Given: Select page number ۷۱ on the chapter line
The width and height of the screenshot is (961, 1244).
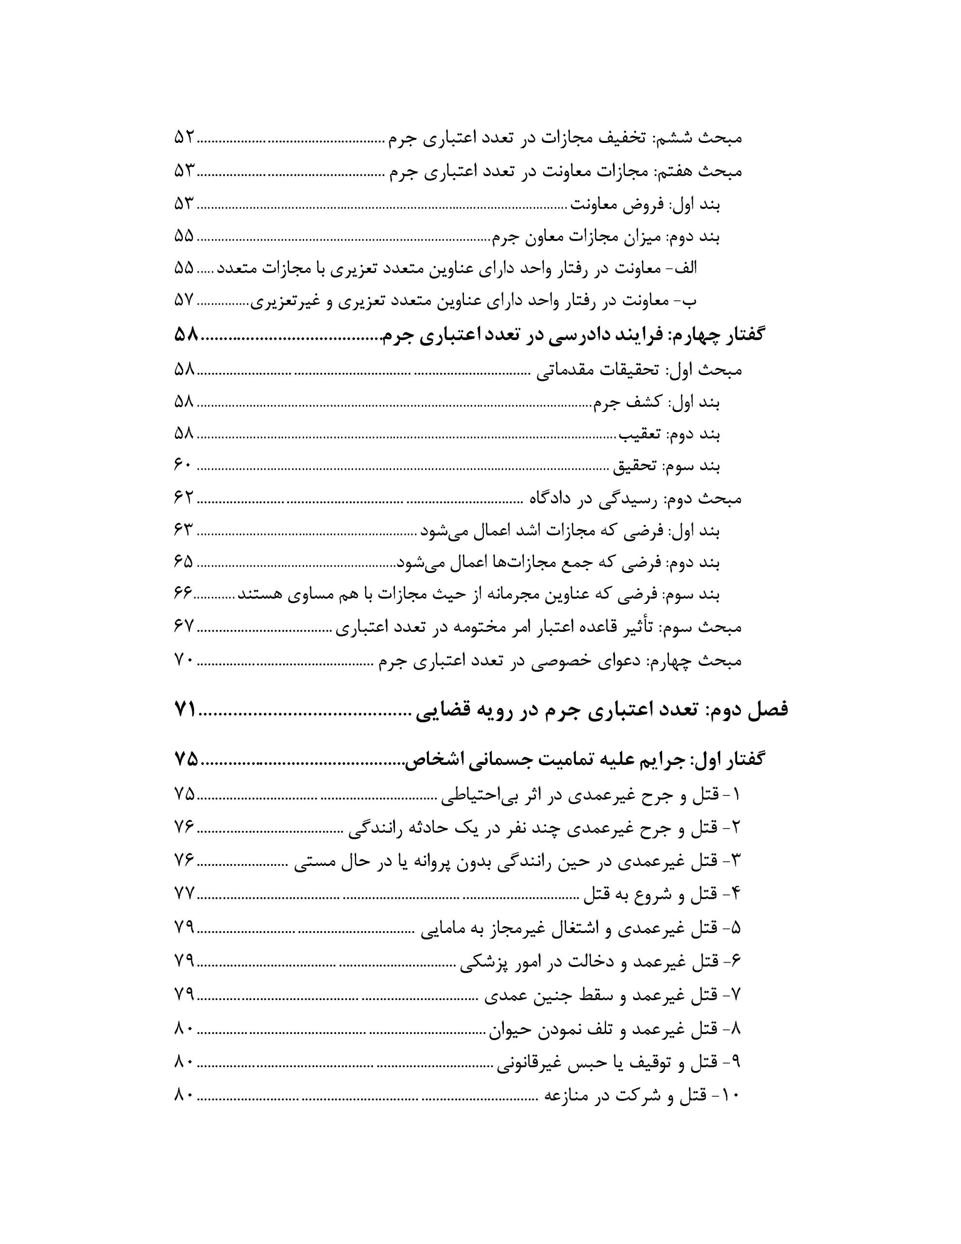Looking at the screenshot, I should click(x=185, y=710).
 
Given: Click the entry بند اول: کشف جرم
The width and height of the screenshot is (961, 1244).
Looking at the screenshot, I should click(x=656, y=403).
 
